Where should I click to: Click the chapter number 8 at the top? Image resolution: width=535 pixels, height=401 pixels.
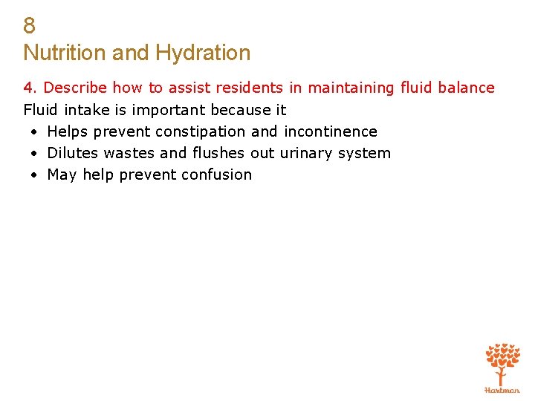(29, 26)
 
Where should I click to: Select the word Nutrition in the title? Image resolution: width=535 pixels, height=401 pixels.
(65, 53)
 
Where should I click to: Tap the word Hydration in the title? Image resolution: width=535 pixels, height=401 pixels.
(203, 53)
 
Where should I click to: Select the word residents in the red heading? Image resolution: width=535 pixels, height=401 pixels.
(249, 88)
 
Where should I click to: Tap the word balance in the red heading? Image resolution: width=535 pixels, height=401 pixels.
(466, 88)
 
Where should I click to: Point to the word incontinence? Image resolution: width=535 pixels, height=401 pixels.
(330, 131)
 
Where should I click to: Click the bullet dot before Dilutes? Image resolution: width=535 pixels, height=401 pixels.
(34, 154)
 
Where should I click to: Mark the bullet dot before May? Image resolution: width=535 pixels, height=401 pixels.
(34, 175)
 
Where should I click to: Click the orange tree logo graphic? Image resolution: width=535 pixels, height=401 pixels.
(502, 363)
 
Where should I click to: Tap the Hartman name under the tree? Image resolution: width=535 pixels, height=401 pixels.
(502, 390)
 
